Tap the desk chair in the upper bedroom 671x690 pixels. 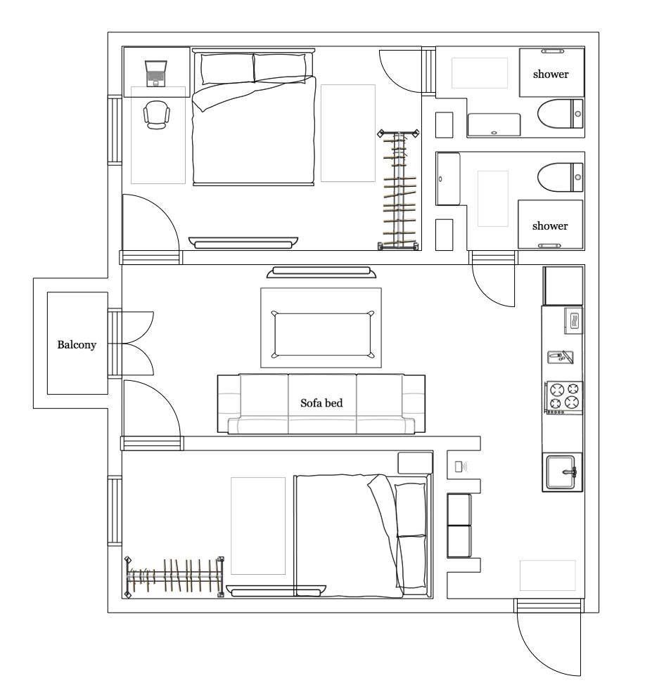tap(156, 115)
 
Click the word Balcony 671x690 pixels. tap(77, 344)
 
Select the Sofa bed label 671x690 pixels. tap(321, 403)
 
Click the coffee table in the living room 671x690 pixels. tap(322, 334)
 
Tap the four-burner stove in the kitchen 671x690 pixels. tap(563, 398)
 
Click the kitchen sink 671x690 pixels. tap(561, 472)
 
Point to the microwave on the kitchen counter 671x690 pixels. tap(573, 321)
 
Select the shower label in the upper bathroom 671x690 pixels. tap(551, 74)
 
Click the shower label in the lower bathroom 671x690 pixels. tap(550, 226)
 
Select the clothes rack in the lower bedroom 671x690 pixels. tap(174, 576)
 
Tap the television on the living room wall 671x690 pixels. tap(321, 273)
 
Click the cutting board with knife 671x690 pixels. tap(561, 357)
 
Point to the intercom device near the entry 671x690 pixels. tap(461, 467)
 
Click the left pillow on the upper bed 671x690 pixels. tap(227, 68)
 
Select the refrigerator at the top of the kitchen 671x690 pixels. tap(563, 285)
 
